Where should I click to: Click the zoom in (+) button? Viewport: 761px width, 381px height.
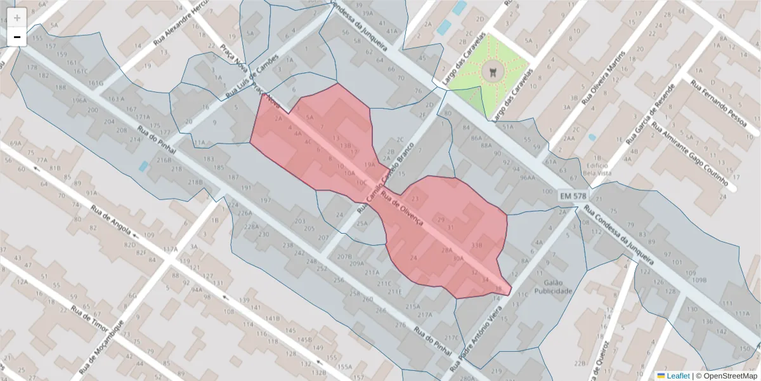click(x=17, y=17)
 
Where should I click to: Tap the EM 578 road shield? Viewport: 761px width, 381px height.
click(x=573, y=197)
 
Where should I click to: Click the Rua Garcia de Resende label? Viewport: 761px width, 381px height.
click(x=650, y=114)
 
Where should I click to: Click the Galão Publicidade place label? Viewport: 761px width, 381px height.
click(x=554, y=286)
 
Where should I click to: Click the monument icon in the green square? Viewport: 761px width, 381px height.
click(x=490, y=72)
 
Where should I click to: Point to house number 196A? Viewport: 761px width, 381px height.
click(x=79, y=100)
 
